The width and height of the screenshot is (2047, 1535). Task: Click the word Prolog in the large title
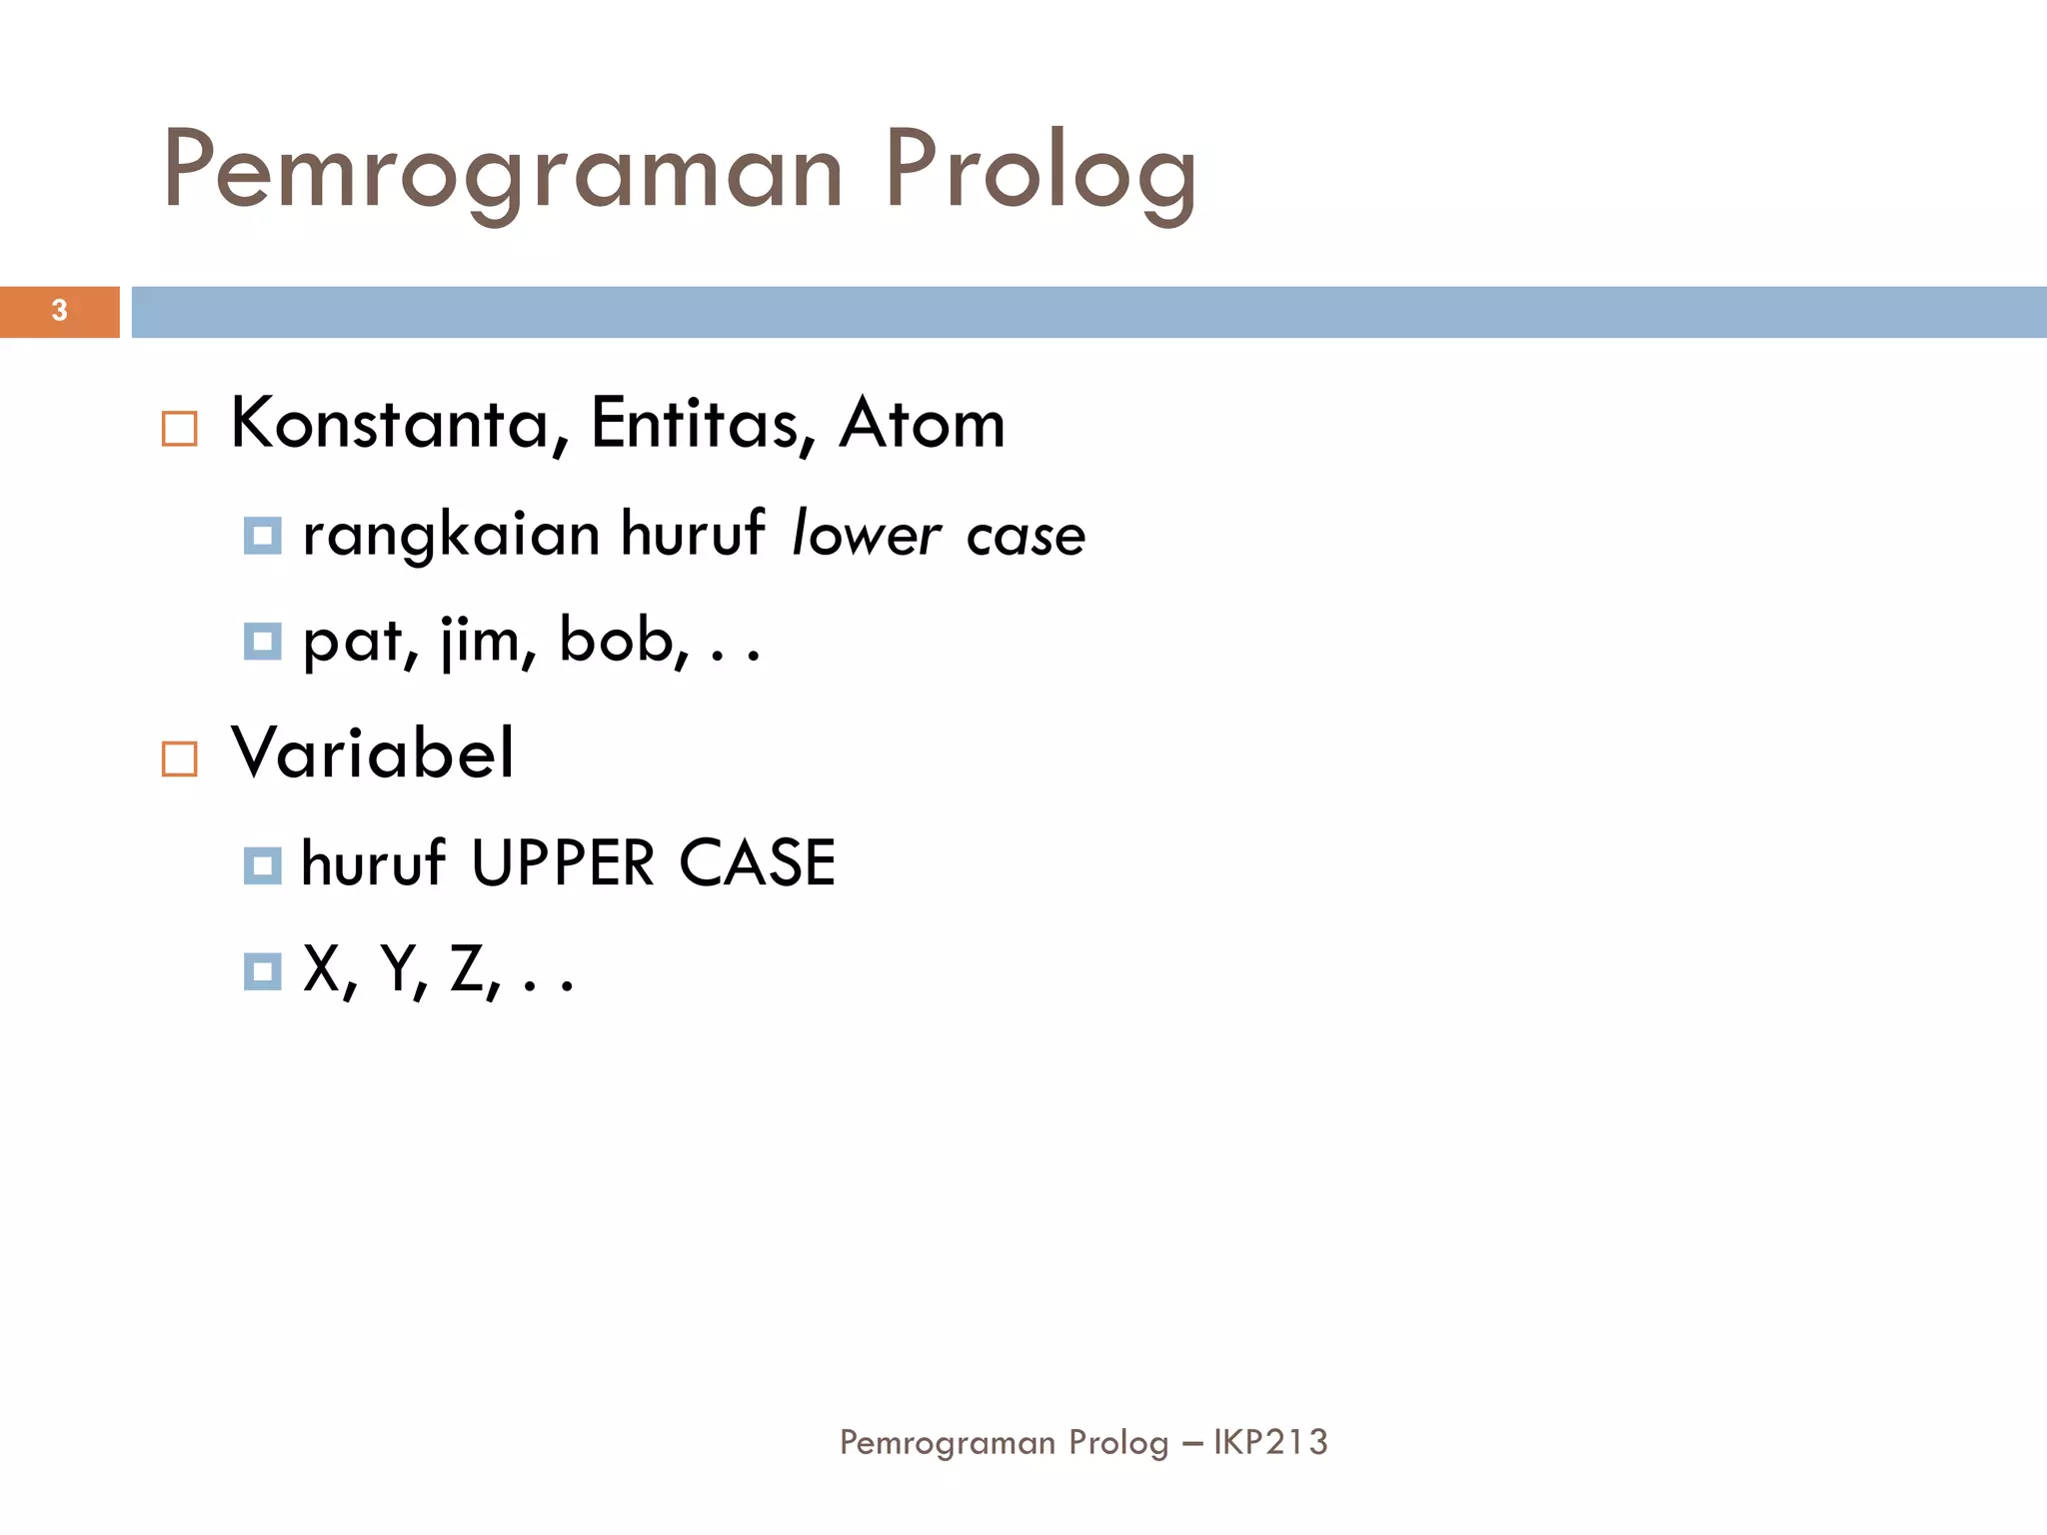(x=1039, y=172)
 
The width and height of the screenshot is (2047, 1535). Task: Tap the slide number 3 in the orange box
(x=59, y=311)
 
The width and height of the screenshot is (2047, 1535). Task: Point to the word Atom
(x=922, y=424)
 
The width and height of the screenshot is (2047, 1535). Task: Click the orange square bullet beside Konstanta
(x=180, y=429)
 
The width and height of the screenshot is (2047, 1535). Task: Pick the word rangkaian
(x=451, y=535)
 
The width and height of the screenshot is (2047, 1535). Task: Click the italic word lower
(x=866, y=535)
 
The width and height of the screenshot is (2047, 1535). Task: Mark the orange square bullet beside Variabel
(x=180, y=759)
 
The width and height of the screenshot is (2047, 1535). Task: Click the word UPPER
(x=563, y=863)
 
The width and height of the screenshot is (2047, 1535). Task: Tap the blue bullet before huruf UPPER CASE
(x=263, y=865)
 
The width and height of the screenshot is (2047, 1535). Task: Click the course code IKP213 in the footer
(x=1270, y=1442)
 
